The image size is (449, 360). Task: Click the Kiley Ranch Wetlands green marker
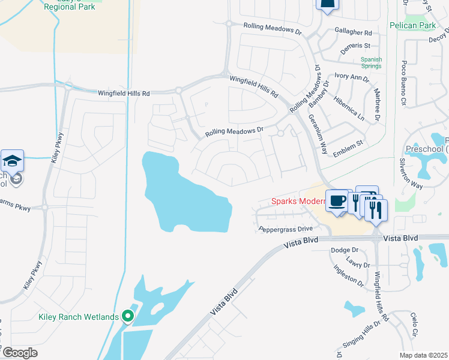tap(127, 316)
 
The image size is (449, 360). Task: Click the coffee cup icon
tap(337, 201)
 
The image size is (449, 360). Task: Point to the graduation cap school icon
tap(12, 161)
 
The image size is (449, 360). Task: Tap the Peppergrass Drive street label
tap(286, 229)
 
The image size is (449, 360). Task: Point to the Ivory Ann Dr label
tap(352, 77)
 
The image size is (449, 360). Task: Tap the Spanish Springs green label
tap(371, 62)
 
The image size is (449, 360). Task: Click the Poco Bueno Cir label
tap(404, 76)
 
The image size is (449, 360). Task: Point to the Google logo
tap(20, 353)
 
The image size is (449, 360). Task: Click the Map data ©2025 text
tap(424, 355)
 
